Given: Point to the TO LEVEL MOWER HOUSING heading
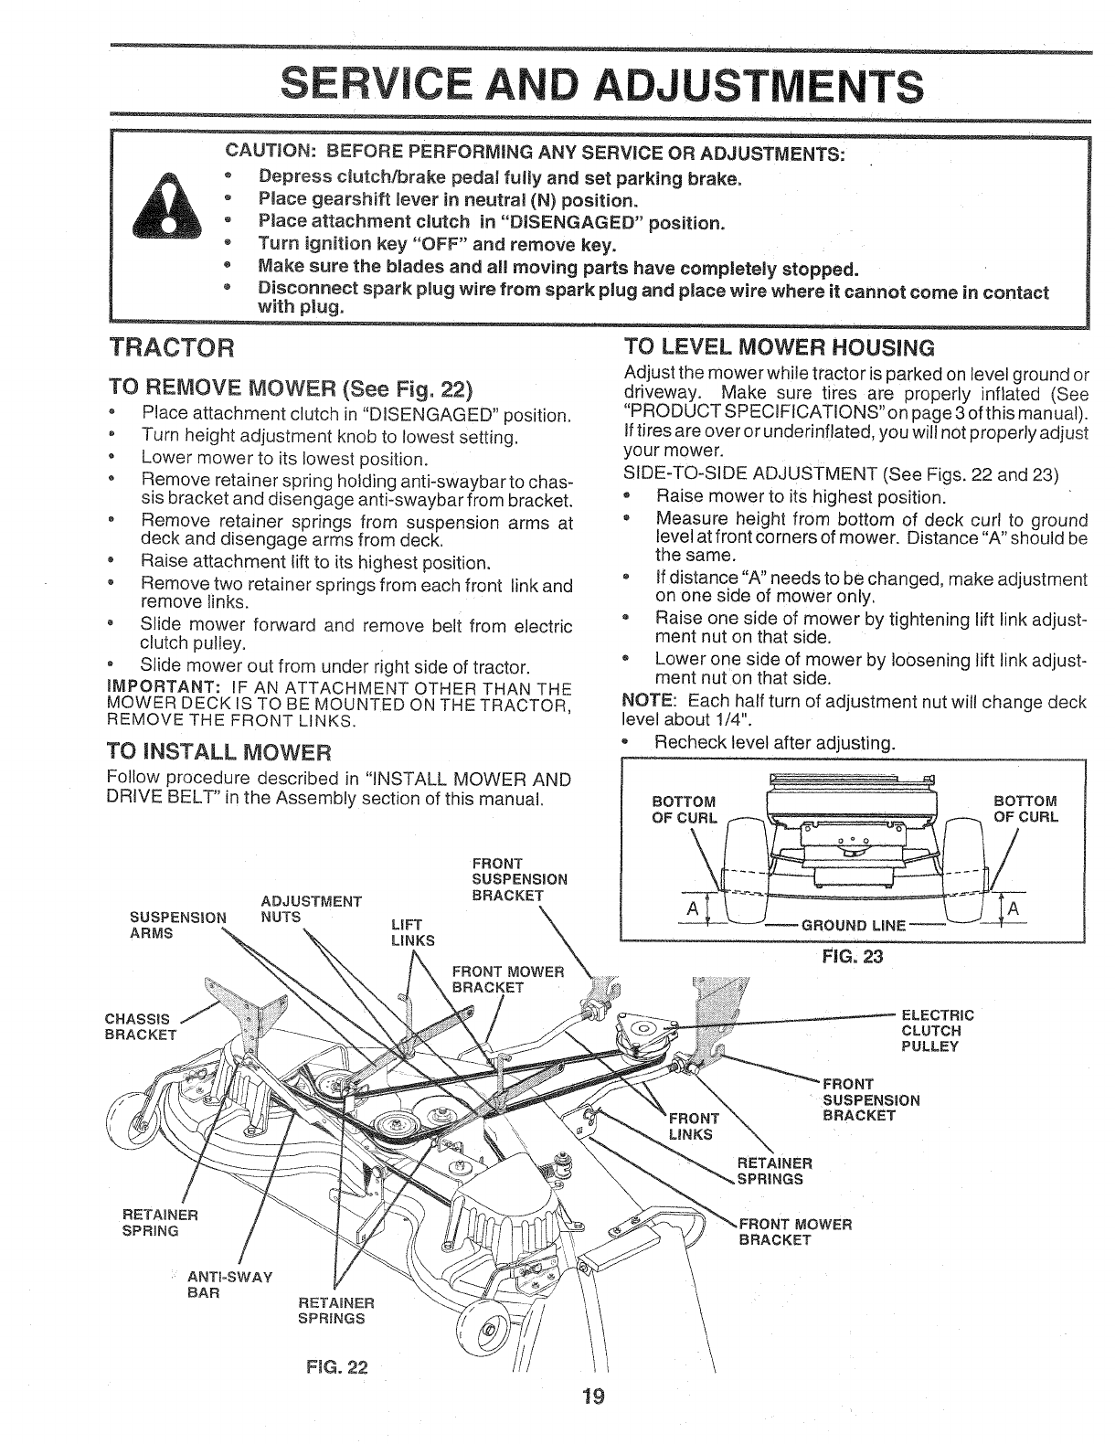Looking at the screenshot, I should [x=778, y=347].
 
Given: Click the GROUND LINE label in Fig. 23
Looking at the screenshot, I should [x=853, y=925].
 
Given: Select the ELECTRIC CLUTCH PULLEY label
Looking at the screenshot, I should [x=938, y=1030].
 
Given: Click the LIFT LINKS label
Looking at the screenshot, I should [x=406, y=932].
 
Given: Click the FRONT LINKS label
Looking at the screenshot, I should [x=695, y=1127].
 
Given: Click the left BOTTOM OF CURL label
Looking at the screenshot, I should [x=683, y=809].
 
